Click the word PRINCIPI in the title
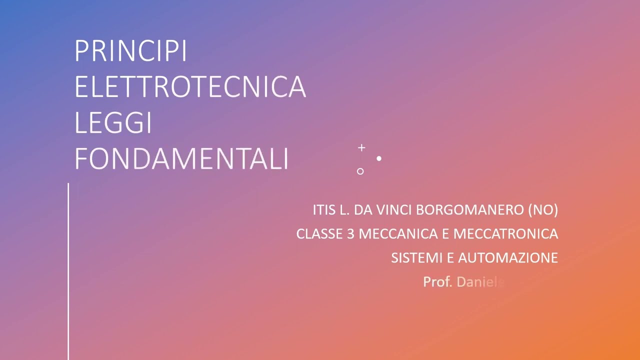tap(130, 51)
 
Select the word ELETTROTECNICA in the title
tap(190, 87)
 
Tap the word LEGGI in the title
tap(113, 123)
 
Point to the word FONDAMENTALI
tap(181, 159)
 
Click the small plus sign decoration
tap(361, 148)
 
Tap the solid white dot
tap(379, 158)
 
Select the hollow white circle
tap(360, 171)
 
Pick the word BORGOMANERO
tap(470, 210)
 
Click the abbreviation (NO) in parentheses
tap(543, 210)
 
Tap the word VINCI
tap(398, 210)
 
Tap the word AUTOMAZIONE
tap(508, 257)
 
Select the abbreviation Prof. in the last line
tap(437, 282)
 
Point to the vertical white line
tap(68, 270)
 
